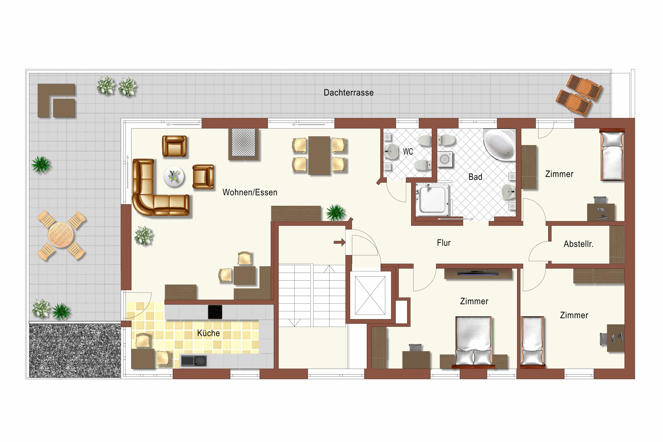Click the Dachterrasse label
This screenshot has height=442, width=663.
[348, 93]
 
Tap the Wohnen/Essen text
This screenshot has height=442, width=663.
[250, 193]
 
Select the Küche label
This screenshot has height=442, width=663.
[208, 333]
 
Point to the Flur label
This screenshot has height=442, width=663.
[444, 243]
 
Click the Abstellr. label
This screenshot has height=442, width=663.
[578, 244]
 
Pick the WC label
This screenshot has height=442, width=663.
[408, 152]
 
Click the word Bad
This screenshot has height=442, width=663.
[475, 177]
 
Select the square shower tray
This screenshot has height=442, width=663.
[432, 199]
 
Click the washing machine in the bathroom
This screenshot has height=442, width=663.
[445, 159]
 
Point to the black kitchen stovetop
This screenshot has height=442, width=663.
[215, 312]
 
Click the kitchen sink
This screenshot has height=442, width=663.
[194, 361]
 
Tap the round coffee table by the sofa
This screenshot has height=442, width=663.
[174, 177]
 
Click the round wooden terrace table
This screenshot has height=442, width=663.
[61, 235]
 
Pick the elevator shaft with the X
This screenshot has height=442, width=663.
[370, 296]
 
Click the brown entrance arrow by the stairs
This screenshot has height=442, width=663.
[340, 242]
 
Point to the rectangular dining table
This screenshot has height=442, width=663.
[319, 156]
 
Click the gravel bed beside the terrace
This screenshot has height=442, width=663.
[75, 350]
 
